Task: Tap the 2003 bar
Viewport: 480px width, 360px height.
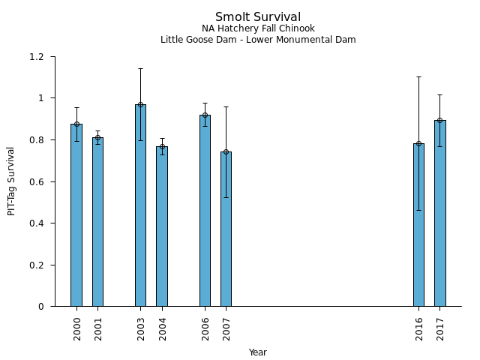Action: (x=140, y=205)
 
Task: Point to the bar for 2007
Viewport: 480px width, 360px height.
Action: (x=226, y=229)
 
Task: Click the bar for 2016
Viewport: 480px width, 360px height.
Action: (x=418, y=225)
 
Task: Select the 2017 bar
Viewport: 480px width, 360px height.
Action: (x=440, y=213)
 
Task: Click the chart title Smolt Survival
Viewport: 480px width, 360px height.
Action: (x=258, y=17)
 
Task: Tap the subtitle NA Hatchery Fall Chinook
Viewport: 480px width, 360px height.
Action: (x=258, y=28)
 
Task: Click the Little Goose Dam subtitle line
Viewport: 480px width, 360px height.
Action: (x=258, y=40)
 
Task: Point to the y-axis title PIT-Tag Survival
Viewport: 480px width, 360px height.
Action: (x=11, y=181)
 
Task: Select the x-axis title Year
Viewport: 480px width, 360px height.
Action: (x=258, y=352)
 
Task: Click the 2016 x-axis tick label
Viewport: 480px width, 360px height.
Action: (x=418, y=328)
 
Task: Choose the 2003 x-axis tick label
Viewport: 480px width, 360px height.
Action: (x=140, y=328)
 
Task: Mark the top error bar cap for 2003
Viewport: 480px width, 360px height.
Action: (x=140, y=69)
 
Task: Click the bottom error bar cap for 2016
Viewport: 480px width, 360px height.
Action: (x=418, y=210)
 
